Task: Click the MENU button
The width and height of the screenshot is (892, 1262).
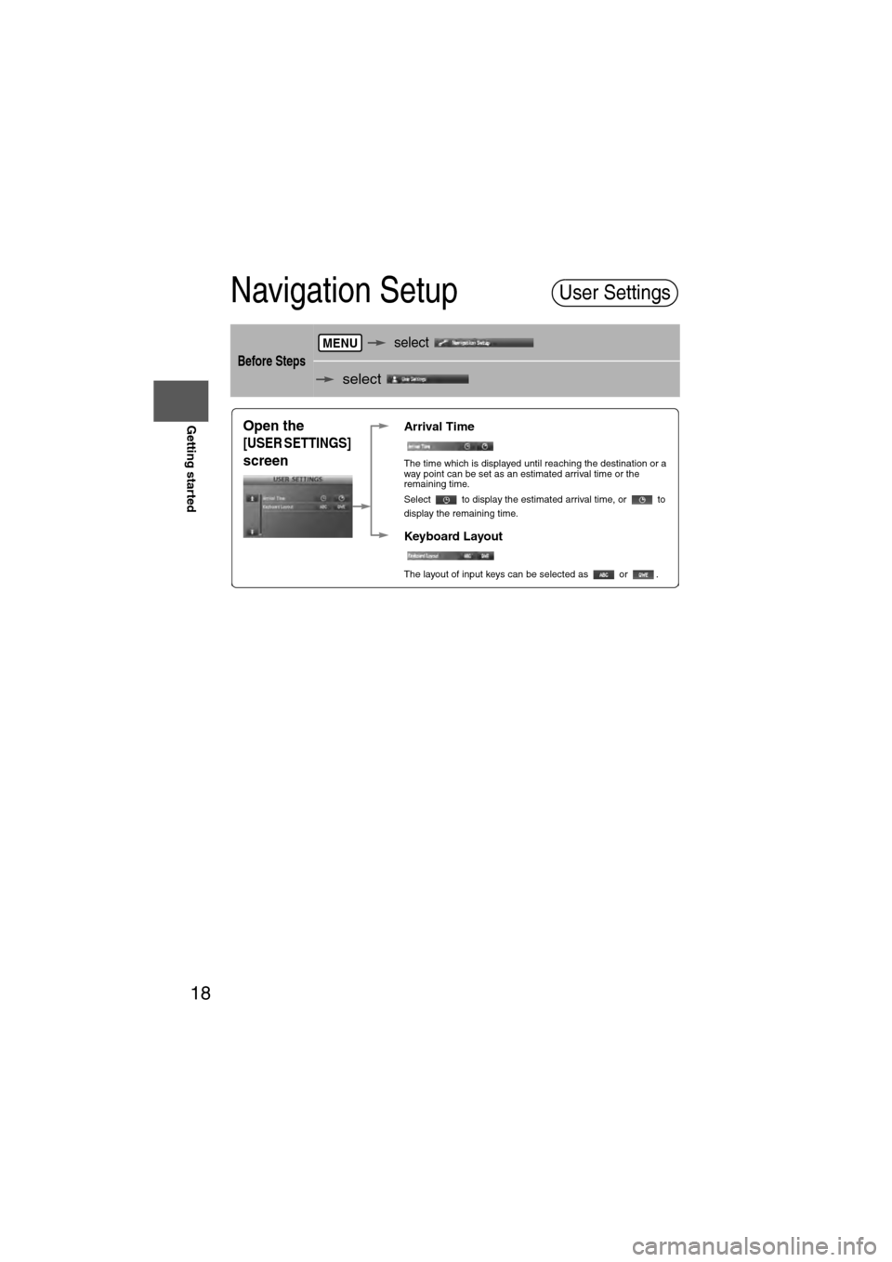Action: tap(340, 343)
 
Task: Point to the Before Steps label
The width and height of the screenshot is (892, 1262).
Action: tap(271, 361)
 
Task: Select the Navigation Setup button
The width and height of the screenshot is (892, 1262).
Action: tap(483, 343)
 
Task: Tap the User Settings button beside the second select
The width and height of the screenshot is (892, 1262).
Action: tap(427, 379)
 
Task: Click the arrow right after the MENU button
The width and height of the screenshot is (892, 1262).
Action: tap(376, 343)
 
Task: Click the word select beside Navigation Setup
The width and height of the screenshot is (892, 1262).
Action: tap(411, 343)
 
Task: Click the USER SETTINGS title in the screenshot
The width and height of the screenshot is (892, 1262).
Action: tap(297, 480)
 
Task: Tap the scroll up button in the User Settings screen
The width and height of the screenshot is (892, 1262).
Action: tap(251, 498)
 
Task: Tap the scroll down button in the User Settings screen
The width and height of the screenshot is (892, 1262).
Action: tap(251, 532)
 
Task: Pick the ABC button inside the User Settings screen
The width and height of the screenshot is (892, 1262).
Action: tap(323, 507)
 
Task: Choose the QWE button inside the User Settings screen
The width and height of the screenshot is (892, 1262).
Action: tap(341, 507)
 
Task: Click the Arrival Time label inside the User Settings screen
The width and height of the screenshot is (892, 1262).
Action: tap(274, 498)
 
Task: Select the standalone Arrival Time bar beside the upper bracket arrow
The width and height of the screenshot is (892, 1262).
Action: tap(451, 447)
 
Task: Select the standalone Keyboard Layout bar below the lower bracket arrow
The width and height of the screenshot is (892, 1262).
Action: tap(451, 556)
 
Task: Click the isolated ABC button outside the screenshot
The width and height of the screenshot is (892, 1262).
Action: tap(603, 575)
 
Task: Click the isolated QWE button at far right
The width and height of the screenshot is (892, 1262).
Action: tap(642, 575)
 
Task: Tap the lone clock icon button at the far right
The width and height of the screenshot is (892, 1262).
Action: tap(642, 501)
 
